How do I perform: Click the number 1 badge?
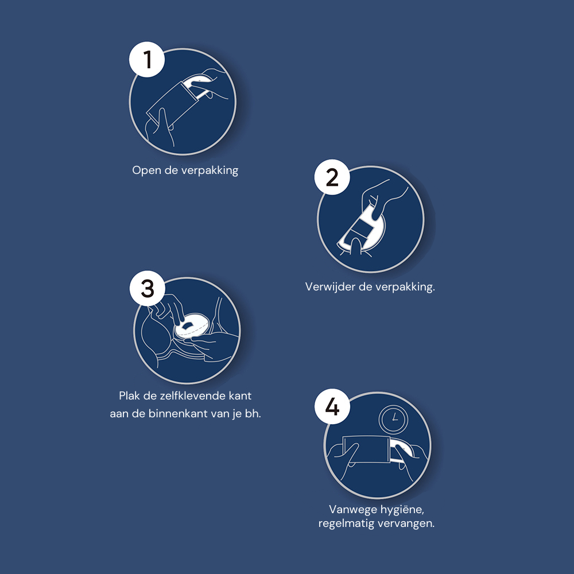point(147,59)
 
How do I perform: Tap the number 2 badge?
point(332,177)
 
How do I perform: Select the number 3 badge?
point(148,289)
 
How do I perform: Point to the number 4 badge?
point(332,407)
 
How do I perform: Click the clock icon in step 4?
point(393,419)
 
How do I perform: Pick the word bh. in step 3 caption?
point(253,414)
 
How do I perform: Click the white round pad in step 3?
point(192,325)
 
